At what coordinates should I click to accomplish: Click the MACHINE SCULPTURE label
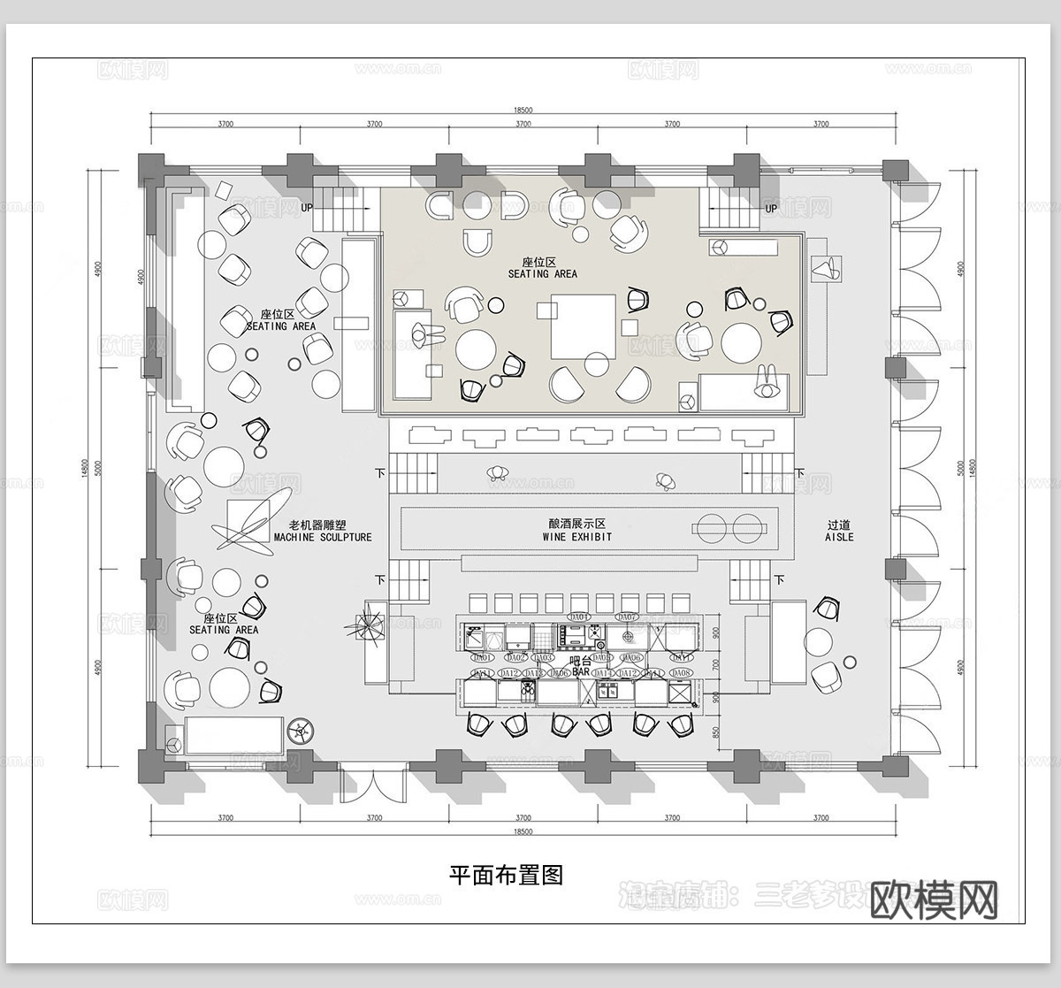[323, 537]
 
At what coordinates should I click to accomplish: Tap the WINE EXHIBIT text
[576, 537]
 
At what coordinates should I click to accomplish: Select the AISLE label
[839, 537]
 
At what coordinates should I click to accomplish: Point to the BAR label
[580, 672]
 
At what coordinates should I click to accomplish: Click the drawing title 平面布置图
[507, 875]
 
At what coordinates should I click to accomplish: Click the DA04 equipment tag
[579, 617]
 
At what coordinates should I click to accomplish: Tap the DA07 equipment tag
[627, 617]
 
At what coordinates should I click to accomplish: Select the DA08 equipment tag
[682, 674]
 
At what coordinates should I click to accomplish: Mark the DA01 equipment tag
[482, 658]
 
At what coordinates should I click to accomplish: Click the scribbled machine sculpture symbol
[244, 523]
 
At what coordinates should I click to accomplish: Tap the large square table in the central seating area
[583, 326]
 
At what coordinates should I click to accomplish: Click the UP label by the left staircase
[307, 208]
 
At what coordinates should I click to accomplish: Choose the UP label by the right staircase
[771, 209]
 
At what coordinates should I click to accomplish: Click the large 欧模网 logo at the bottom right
[934, 900]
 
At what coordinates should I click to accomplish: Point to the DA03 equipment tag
[543, 658]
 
